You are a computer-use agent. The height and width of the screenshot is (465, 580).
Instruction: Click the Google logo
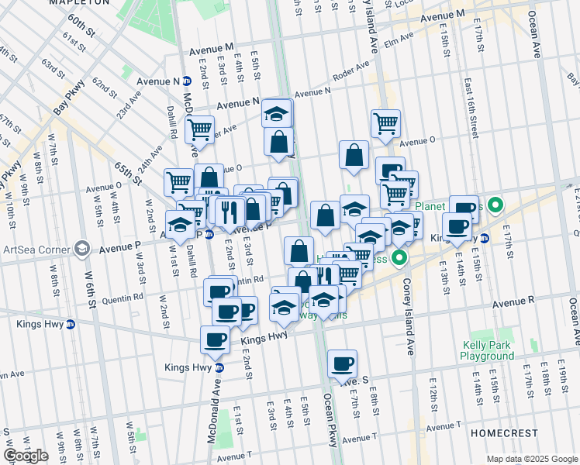[26, 456]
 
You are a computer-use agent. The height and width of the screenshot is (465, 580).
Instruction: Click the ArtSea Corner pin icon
[82, 249]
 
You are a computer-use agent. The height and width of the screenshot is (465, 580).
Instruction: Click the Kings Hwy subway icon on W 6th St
[71, 324]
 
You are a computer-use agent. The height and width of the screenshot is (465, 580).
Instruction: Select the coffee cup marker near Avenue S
[342, 363]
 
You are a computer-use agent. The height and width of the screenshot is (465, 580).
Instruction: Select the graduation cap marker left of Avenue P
[180, 225]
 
